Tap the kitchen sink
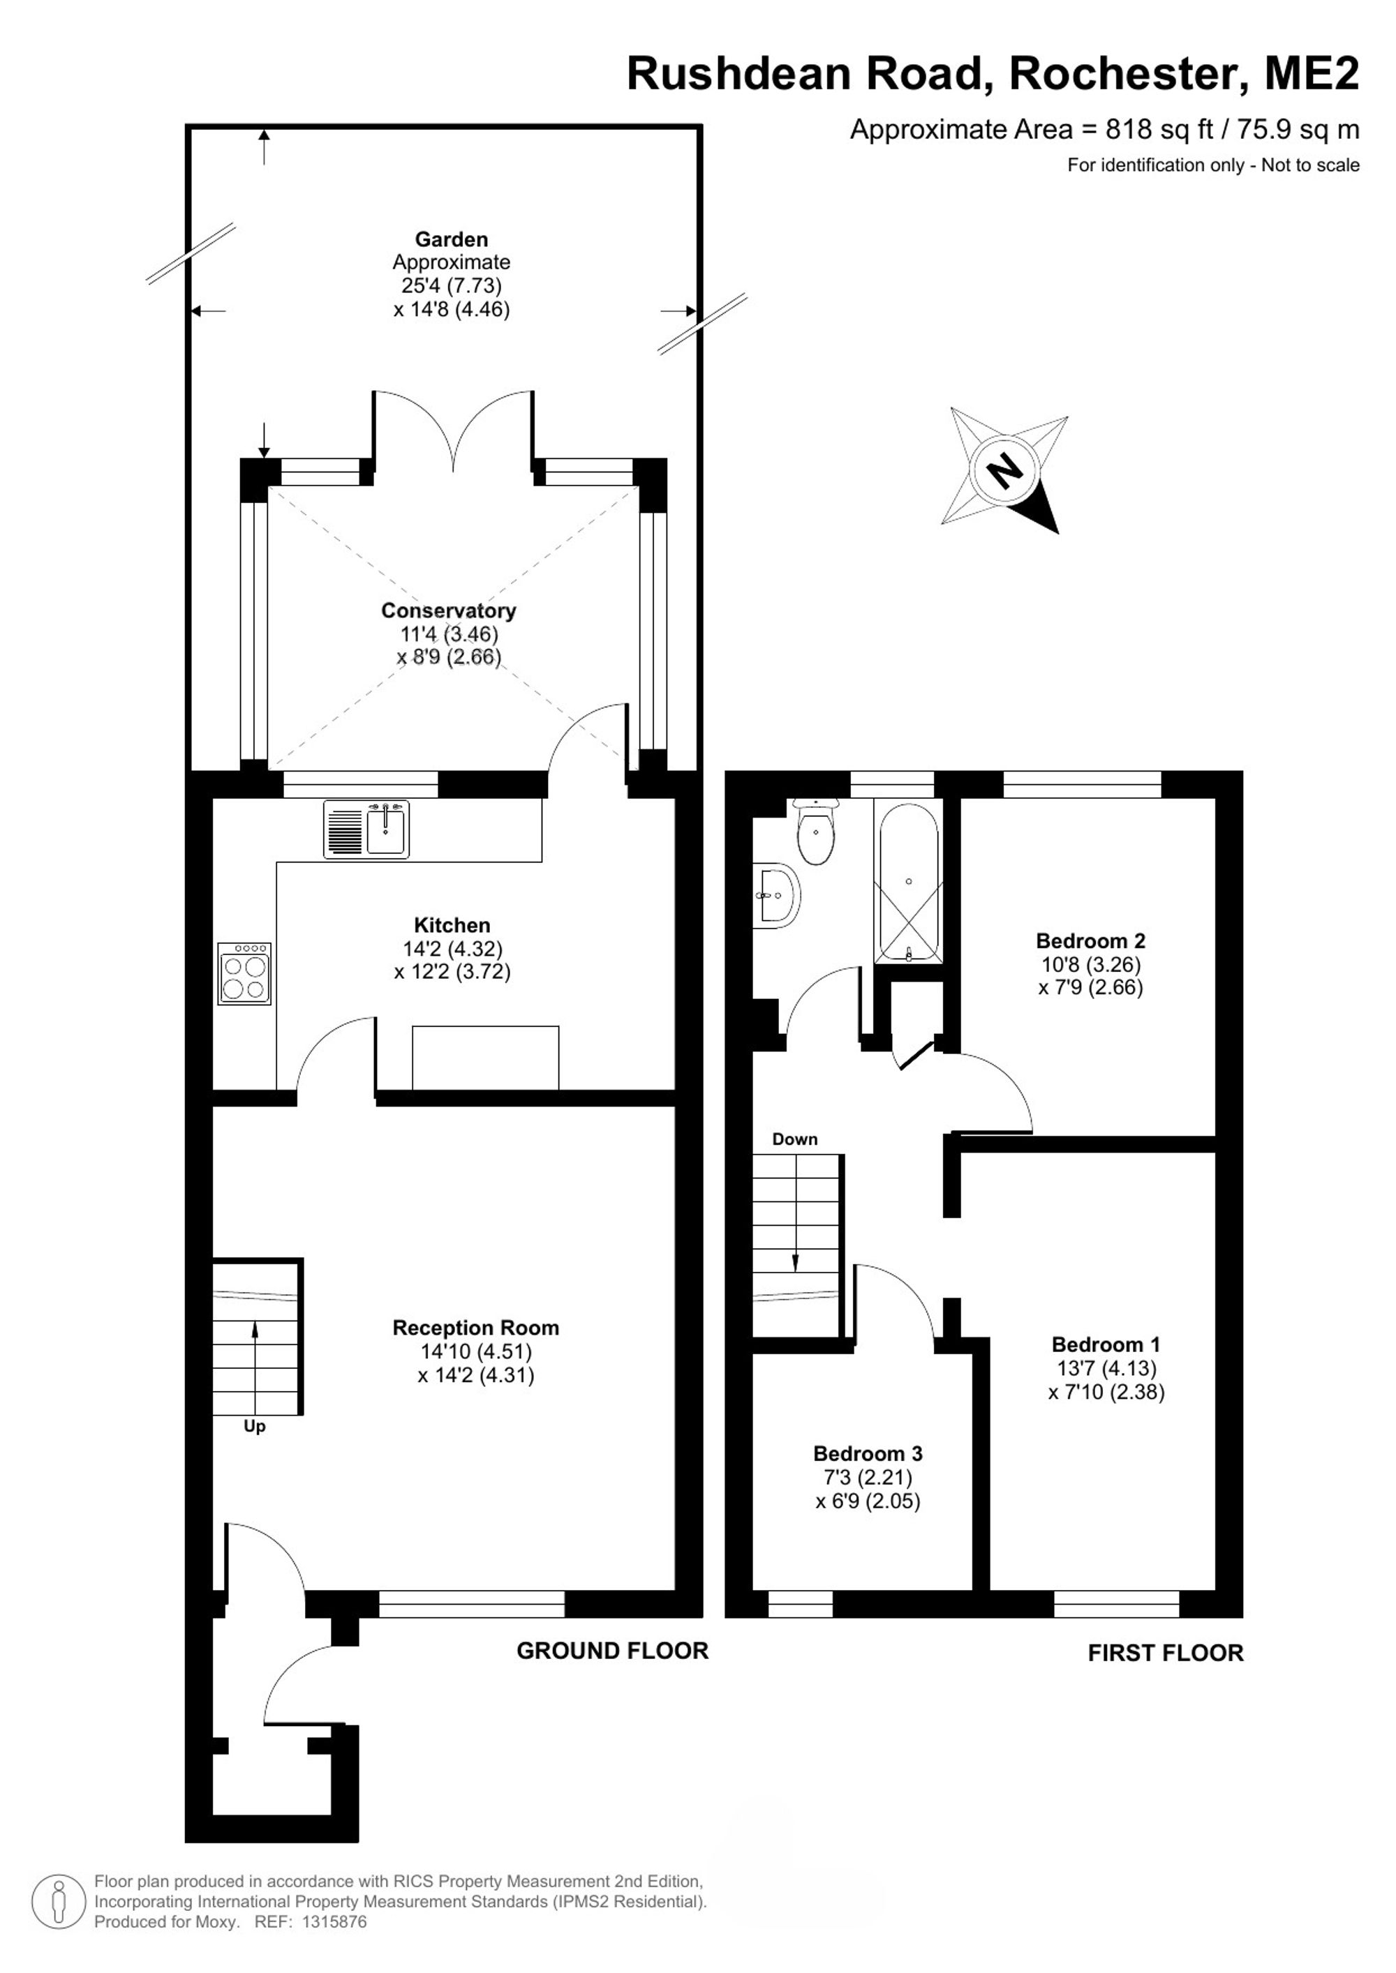click(367, 830)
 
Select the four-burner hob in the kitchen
click(245, 974)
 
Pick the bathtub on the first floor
click(909, 883)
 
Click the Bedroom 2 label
click(1090, 941)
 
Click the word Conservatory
click(449, 610)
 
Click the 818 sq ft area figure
click(1159, 129)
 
